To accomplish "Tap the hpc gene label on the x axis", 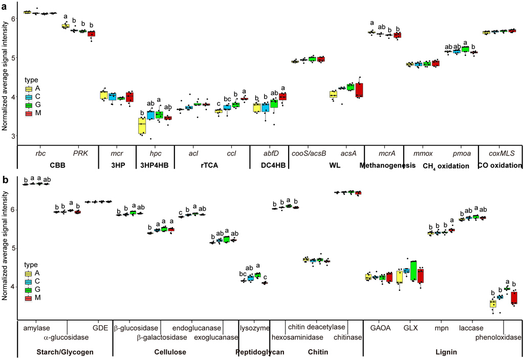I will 155,152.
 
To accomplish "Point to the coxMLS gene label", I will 500,152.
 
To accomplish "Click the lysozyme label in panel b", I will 254,328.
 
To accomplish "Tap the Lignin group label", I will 443,352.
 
